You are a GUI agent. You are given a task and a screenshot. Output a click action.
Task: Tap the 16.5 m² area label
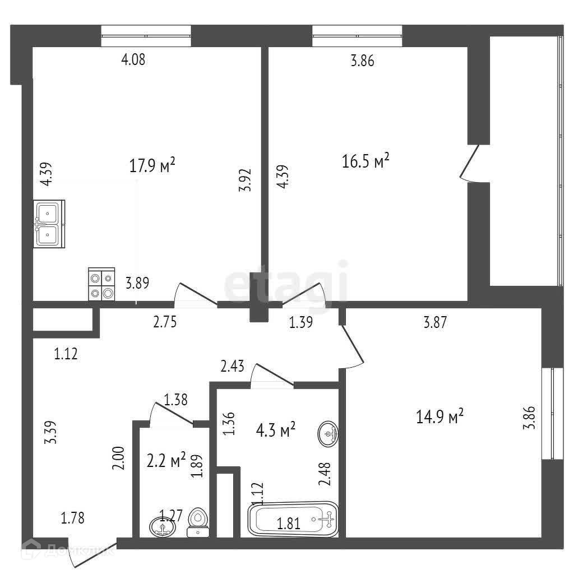point(365,162)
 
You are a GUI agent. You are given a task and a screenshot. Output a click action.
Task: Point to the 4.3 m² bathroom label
point(276,431)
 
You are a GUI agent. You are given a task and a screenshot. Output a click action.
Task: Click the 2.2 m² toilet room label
point(166,461)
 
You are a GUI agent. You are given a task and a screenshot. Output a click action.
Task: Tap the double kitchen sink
point(49,224)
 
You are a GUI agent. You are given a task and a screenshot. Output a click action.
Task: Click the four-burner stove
point(101,284)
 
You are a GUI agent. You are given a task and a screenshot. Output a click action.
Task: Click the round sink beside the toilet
point(161,526)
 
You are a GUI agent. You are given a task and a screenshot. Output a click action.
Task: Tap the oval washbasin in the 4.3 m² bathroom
point(328,433)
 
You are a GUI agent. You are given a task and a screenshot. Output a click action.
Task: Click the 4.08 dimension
point(133,59)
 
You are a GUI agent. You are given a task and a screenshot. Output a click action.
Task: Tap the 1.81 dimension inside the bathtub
point(289,524)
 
